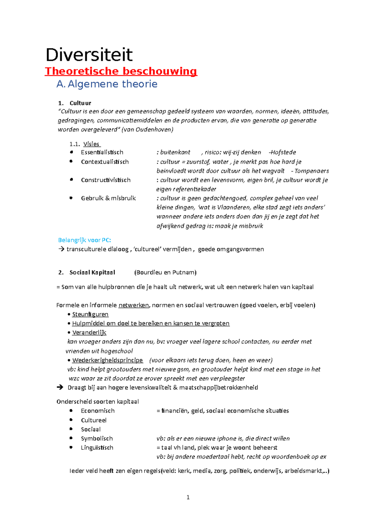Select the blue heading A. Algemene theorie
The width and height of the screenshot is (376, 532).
point(107,84)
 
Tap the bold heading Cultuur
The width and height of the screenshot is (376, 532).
point(80,103)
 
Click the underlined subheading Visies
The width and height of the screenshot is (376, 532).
point(91,144)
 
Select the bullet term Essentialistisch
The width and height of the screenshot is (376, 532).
point(102,152)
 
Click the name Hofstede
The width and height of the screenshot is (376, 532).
point(283,152)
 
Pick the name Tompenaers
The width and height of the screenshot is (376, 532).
point(311,171)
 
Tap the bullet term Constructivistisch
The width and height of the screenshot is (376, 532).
point(106,180)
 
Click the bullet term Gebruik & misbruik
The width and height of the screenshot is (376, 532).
point(108,198)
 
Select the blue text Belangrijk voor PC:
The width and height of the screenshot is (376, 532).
point(85,240)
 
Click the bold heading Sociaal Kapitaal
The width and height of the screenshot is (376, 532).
point(92,273)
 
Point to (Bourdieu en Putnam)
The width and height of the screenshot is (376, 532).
point(165,273)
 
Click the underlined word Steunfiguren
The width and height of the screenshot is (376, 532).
point(90,314)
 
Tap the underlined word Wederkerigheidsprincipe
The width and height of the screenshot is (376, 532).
point(107,360)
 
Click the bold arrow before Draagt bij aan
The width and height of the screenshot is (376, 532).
point(60,388)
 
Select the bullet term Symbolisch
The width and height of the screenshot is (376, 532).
point(97,439)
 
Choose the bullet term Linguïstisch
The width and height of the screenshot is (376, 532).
point(97,448)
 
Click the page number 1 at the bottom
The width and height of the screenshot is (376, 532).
point(188,497)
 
